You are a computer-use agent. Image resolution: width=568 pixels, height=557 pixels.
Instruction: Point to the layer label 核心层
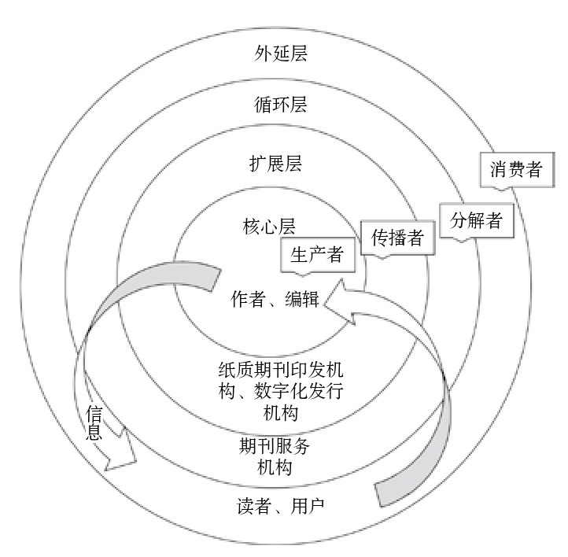coord(268,227)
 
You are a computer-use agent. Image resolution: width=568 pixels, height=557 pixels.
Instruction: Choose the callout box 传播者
coord(396,238)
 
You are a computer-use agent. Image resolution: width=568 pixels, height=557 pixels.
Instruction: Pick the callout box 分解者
coord(476,220)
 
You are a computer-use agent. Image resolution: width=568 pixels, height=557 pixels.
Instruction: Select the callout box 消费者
coord(516,169)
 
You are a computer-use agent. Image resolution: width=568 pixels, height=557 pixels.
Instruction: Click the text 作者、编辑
coord(275,300)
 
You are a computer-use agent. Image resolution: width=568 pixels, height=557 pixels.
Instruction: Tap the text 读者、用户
coord(280,504)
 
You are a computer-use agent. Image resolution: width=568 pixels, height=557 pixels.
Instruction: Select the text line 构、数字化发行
coord(280,391)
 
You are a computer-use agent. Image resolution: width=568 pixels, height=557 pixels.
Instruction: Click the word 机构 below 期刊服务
coord(275,467)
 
